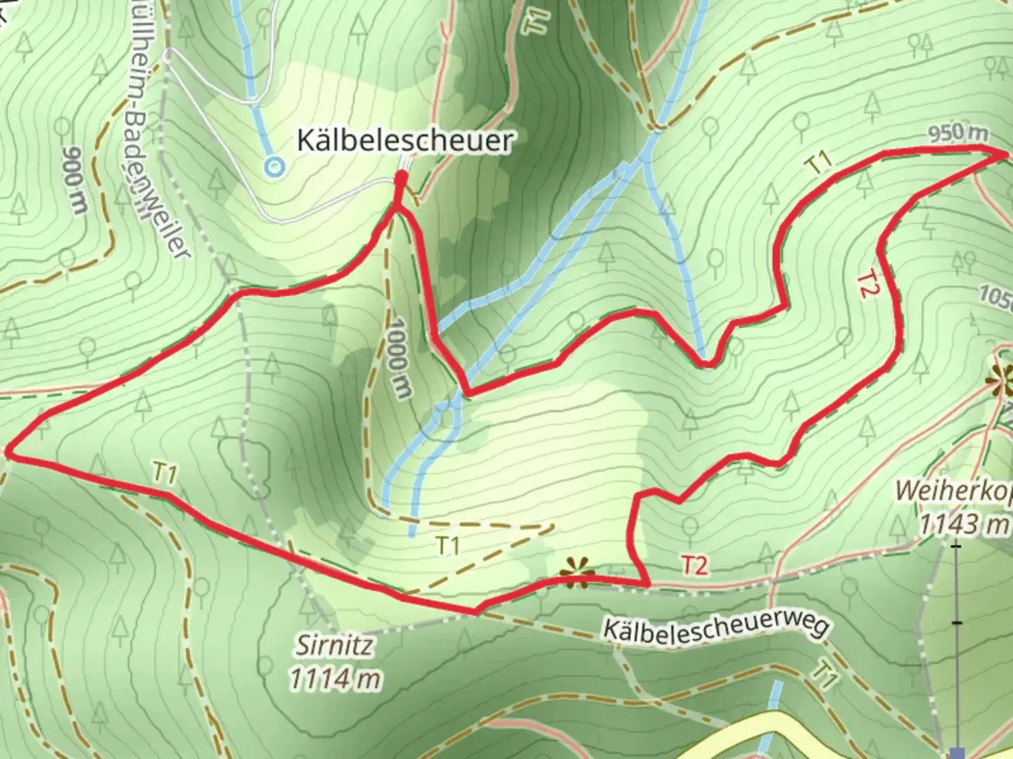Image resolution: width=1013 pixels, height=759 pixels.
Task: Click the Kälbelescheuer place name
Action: (404, 141)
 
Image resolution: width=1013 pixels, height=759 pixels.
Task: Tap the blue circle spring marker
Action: (273, 167)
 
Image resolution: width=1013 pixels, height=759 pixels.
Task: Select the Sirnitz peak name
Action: (334, 645)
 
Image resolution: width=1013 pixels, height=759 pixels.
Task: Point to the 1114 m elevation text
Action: (336, 679)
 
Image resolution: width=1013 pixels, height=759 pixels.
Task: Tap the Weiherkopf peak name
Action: (954, 491)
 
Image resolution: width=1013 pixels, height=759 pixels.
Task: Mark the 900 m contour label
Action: (73, 179)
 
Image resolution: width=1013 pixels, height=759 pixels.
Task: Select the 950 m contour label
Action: (957, 134)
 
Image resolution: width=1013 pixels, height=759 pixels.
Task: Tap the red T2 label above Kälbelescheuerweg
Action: (694, 566)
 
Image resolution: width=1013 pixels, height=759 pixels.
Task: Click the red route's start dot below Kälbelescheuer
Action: (400, 182)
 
